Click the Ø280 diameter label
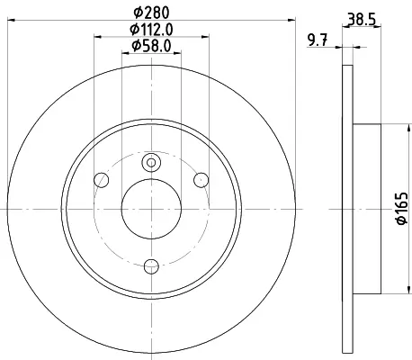click(151, 13)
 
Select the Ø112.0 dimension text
click(151, 30)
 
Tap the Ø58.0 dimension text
click(151, 46)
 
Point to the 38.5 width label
click(362, 20)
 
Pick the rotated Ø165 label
click(402, 208)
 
